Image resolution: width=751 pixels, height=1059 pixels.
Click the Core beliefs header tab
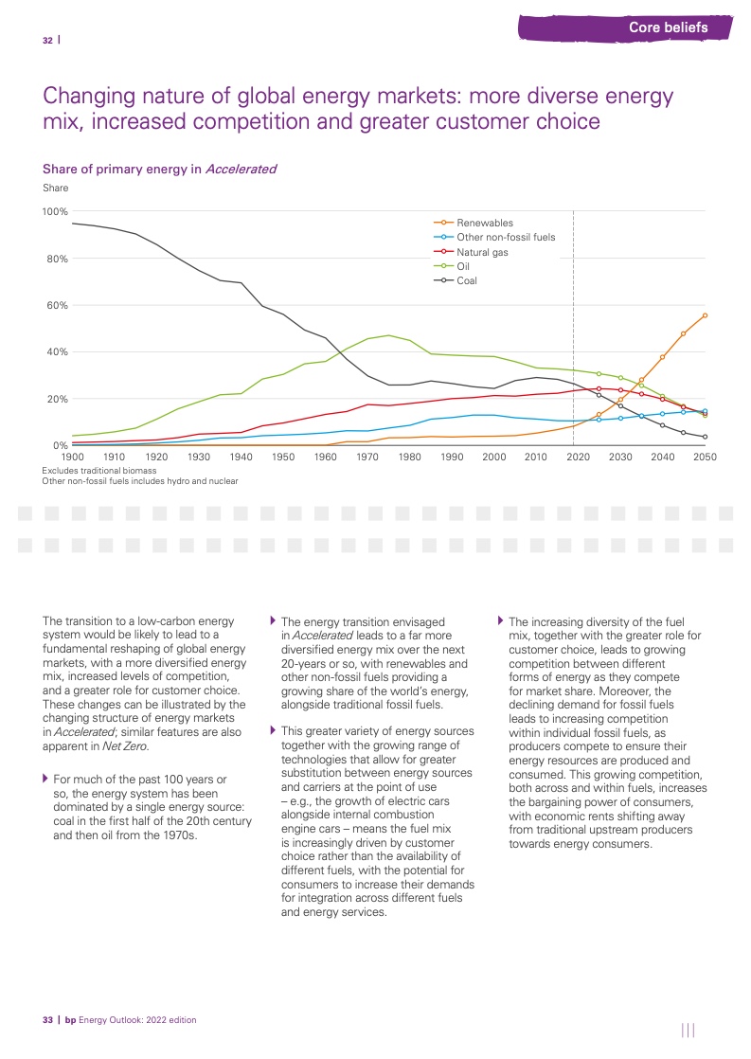[x=668, y=27]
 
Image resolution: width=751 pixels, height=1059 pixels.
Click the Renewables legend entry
[x=485, y=223]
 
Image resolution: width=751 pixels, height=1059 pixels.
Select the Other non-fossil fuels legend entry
[x=506, y=238]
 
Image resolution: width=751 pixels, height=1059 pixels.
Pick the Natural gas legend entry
[x=482, y=253]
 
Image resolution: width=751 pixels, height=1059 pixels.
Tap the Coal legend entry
[x=467, y=281]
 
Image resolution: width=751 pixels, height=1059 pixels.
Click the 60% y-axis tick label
[x=58, y=305]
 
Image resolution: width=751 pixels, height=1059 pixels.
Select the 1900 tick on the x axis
[x=72, y=458]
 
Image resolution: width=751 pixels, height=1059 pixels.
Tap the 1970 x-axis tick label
[x=367, y=458]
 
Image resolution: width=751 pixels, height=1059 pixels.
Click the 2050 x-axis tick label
[x=705, y=458]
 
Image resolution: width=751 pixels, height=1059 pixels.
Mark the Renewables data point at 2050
[x=705, y=315]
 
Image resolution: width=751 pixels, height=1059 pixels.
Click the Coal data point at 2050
[x=705, y=437]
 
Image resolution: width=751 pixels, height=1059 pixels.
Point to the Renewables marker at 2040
[x=663, y=357]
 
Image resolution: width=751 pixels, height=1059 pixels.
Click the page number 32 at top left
[x=47, y=40]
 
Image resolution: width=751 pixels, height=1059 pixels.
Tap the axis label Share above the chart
[x=56, y=188]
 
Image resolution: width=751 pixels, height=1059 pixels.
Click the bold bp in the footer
[x=70, y=1020]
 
